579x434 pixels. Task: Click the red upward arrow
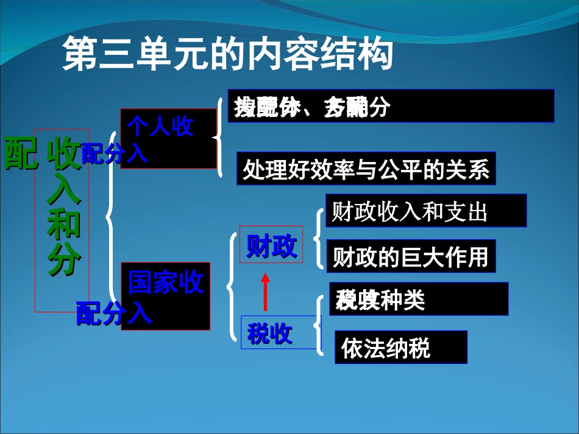click(x=265, y=292)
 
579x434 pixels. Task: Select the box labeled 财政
click(x=271, y=245)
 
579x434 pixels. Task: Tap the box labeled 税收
click(x=270, y=333)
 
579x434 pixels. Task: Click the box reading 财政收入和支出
click(x=425, y=211)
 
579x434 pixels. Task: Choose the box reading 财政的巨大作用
click(x=411, y=256)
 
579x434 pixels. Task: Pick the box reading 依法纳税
click(x=400, y=347)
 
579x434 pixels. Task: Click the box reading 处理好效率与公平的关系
click(x=366, y=169)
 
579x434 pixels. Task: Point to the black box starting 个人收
click(x=168, y=138)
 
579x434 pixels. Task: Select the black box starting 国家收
click(x=166, y=296)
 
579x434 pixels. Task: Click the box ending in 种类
click(x=418, y=299)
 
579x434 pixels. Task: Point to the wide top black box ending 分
click(x=391, y=107)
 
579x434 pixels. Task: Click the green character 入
click(x=63, y=191)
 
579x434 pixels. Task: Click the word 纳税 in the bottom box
click(x=412, y=348)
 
